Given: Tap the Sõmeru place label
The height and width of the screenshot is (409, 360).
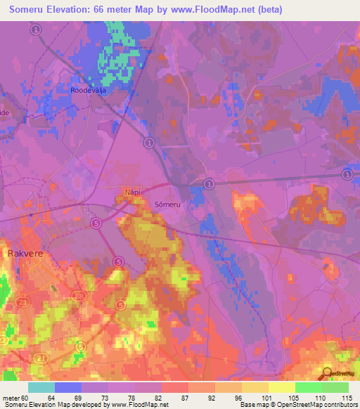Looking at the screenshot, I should tap(167, 204).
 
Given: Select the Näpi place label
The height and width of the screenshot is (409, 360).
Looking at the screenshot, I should tap(134, 190).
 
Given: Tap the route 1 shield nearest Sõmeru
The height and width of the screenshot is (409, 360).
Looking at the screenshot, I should tap(209, 183).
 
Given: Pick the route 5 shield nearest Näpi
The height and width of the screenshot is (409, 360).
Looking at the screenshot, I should tap(96, 223).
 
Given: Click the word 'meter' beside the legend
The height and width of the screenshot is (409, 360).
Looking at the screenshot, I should tap(11, 398).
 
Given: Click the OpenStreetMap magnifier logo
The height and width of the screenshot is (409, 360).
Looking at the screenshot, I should tap(327, 374).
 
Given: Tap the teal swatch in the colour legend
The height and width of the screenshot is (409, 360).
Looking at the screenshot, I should tap(41, 387).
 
